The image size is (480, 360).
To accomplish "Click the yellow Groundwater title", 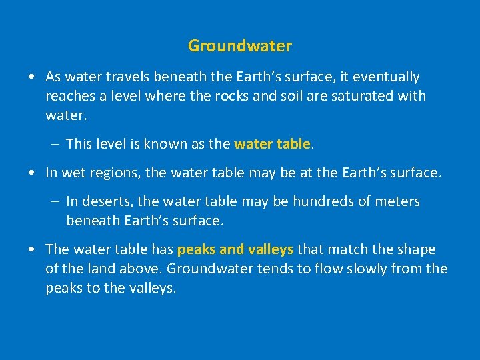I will pos(240,46).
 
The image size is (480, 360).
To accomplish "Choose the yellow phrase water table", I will pos(272,143).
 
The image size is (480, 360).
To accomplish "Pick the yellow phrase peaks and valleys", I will pos(235,249).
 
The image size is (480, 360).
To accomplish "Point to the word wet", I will pos(72,173).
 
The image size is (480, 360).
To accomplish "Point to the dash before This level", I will pos(53,144).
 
